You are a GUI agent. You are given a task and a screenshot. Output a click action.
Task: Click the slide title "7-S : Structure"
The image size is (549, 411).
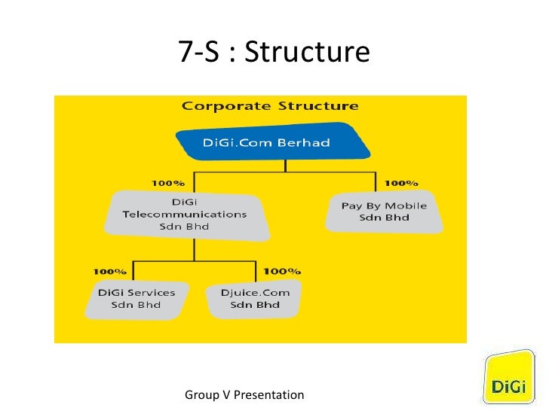[274, 52]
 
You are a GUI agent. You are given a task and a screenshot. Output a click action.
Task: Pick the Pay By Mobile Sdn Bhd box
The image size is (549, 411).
[384, 212]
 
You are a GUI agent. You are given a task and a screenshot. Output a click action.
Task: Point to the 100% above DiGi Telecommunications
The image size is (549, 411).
[167, 183]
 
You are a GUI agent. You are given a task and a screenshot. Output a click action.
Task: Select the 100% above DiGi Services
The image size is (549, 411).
[110, 270]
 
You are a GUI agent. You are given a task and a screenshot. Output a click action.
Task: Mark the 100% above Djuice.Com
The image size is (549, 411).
[282, 270]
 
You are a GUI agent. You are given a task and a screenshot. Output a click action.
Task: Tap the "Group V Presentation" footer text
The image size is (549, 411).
[244, 394]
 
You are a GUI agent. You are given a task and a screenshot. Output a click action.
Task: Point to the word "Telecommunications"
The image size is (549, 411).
[185, 214]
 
